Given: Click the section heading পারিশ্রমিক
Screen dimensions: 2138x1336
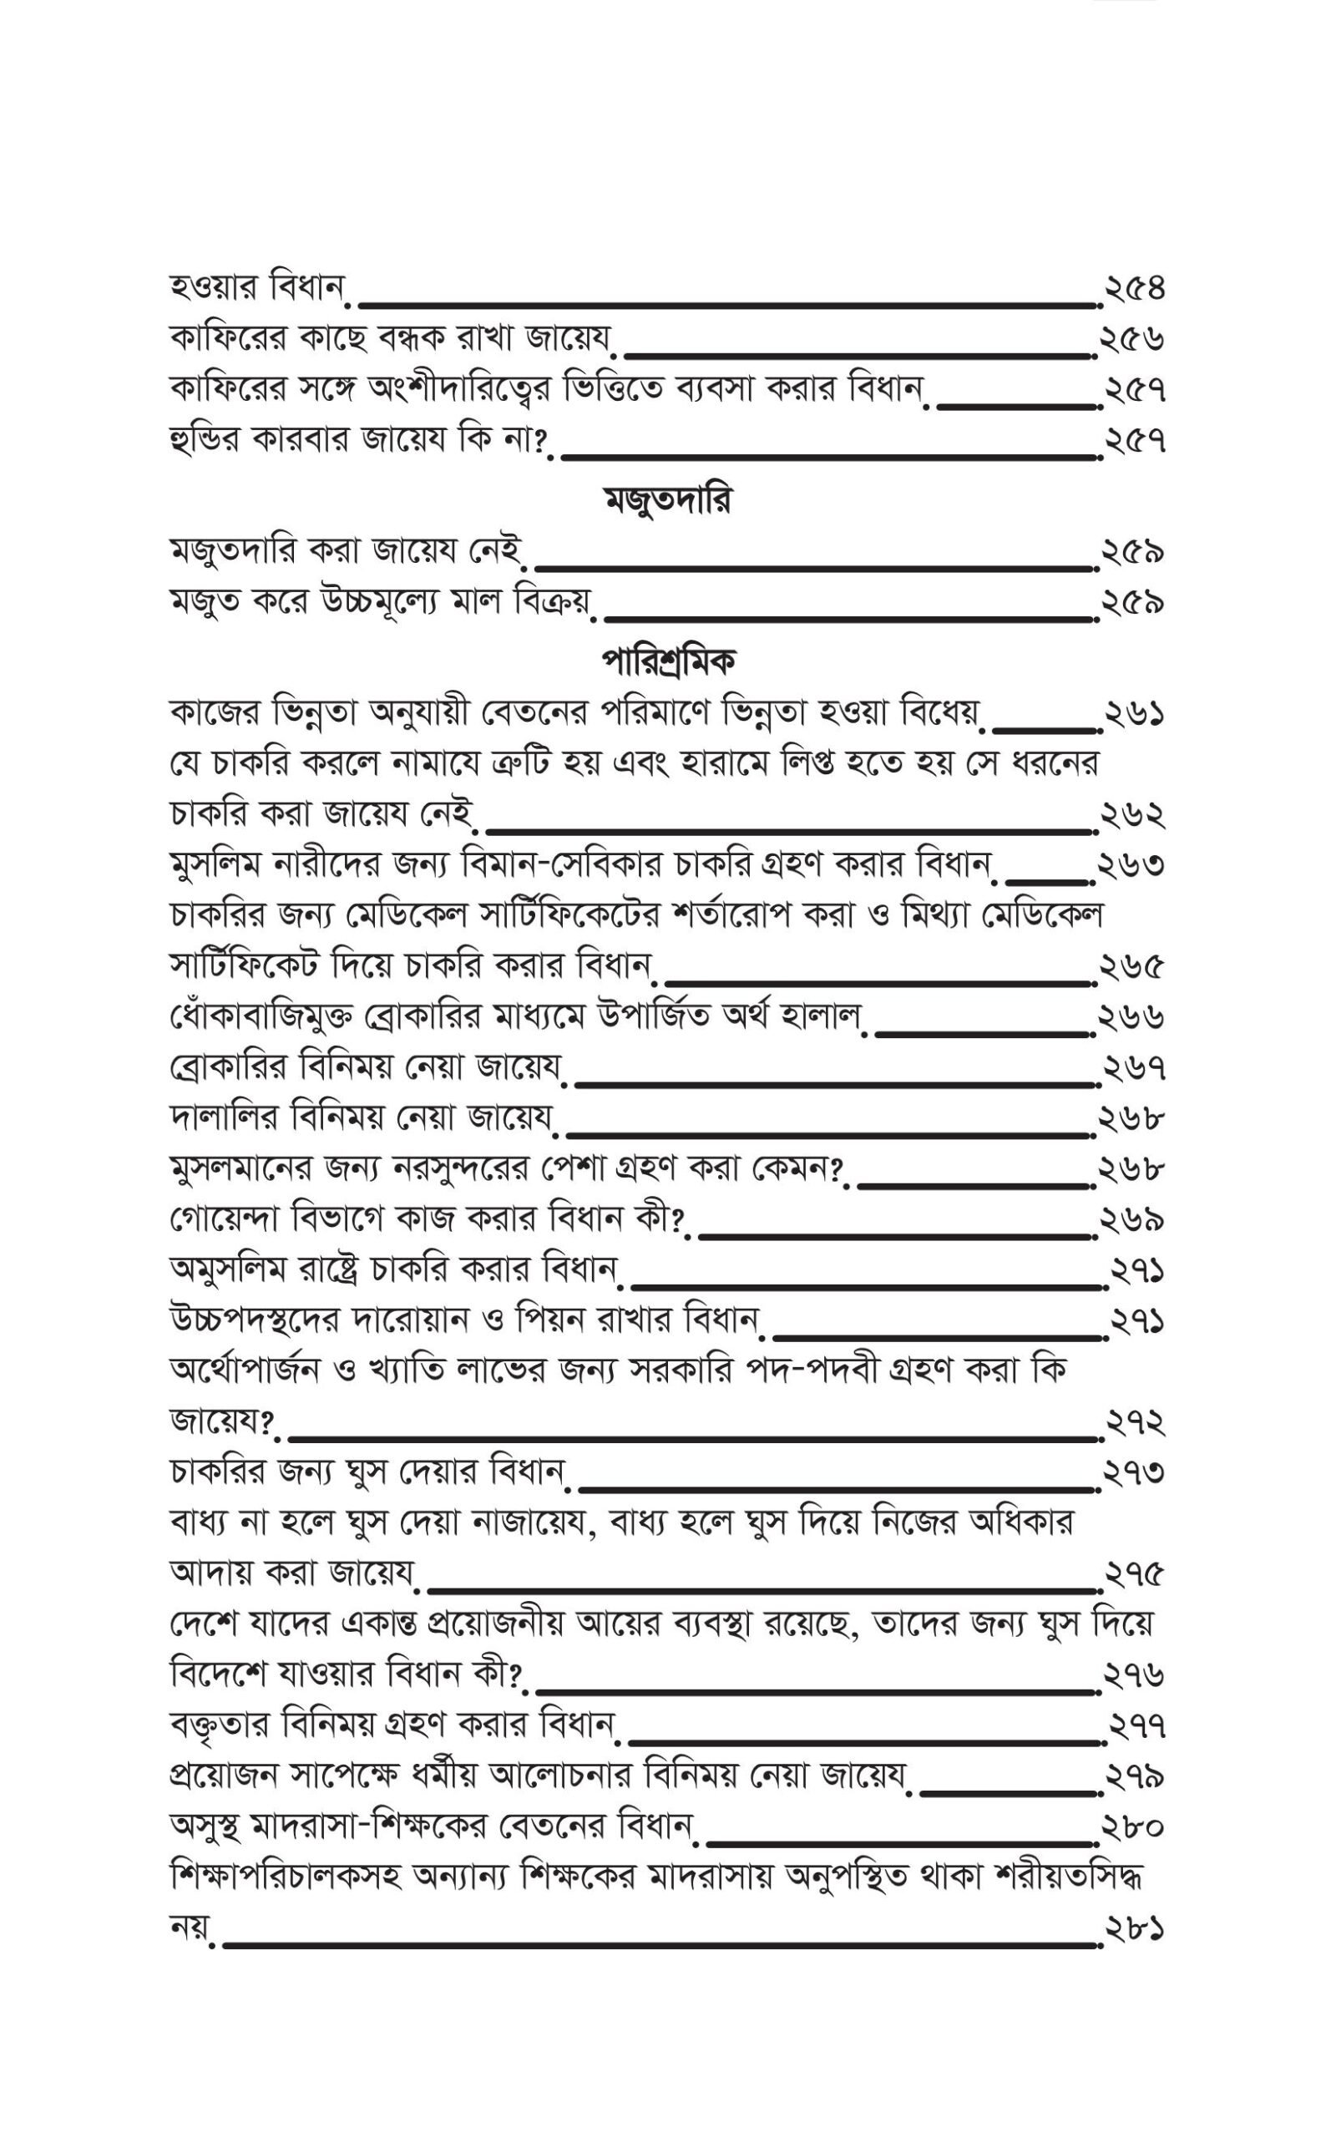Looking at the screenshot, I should [668, 661].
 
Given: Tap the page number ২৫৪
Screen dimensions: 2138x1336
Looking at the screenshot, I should [1134, 289].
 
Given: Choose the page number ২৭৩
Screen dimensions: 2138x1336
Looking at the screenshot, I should [1134, 1472].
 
